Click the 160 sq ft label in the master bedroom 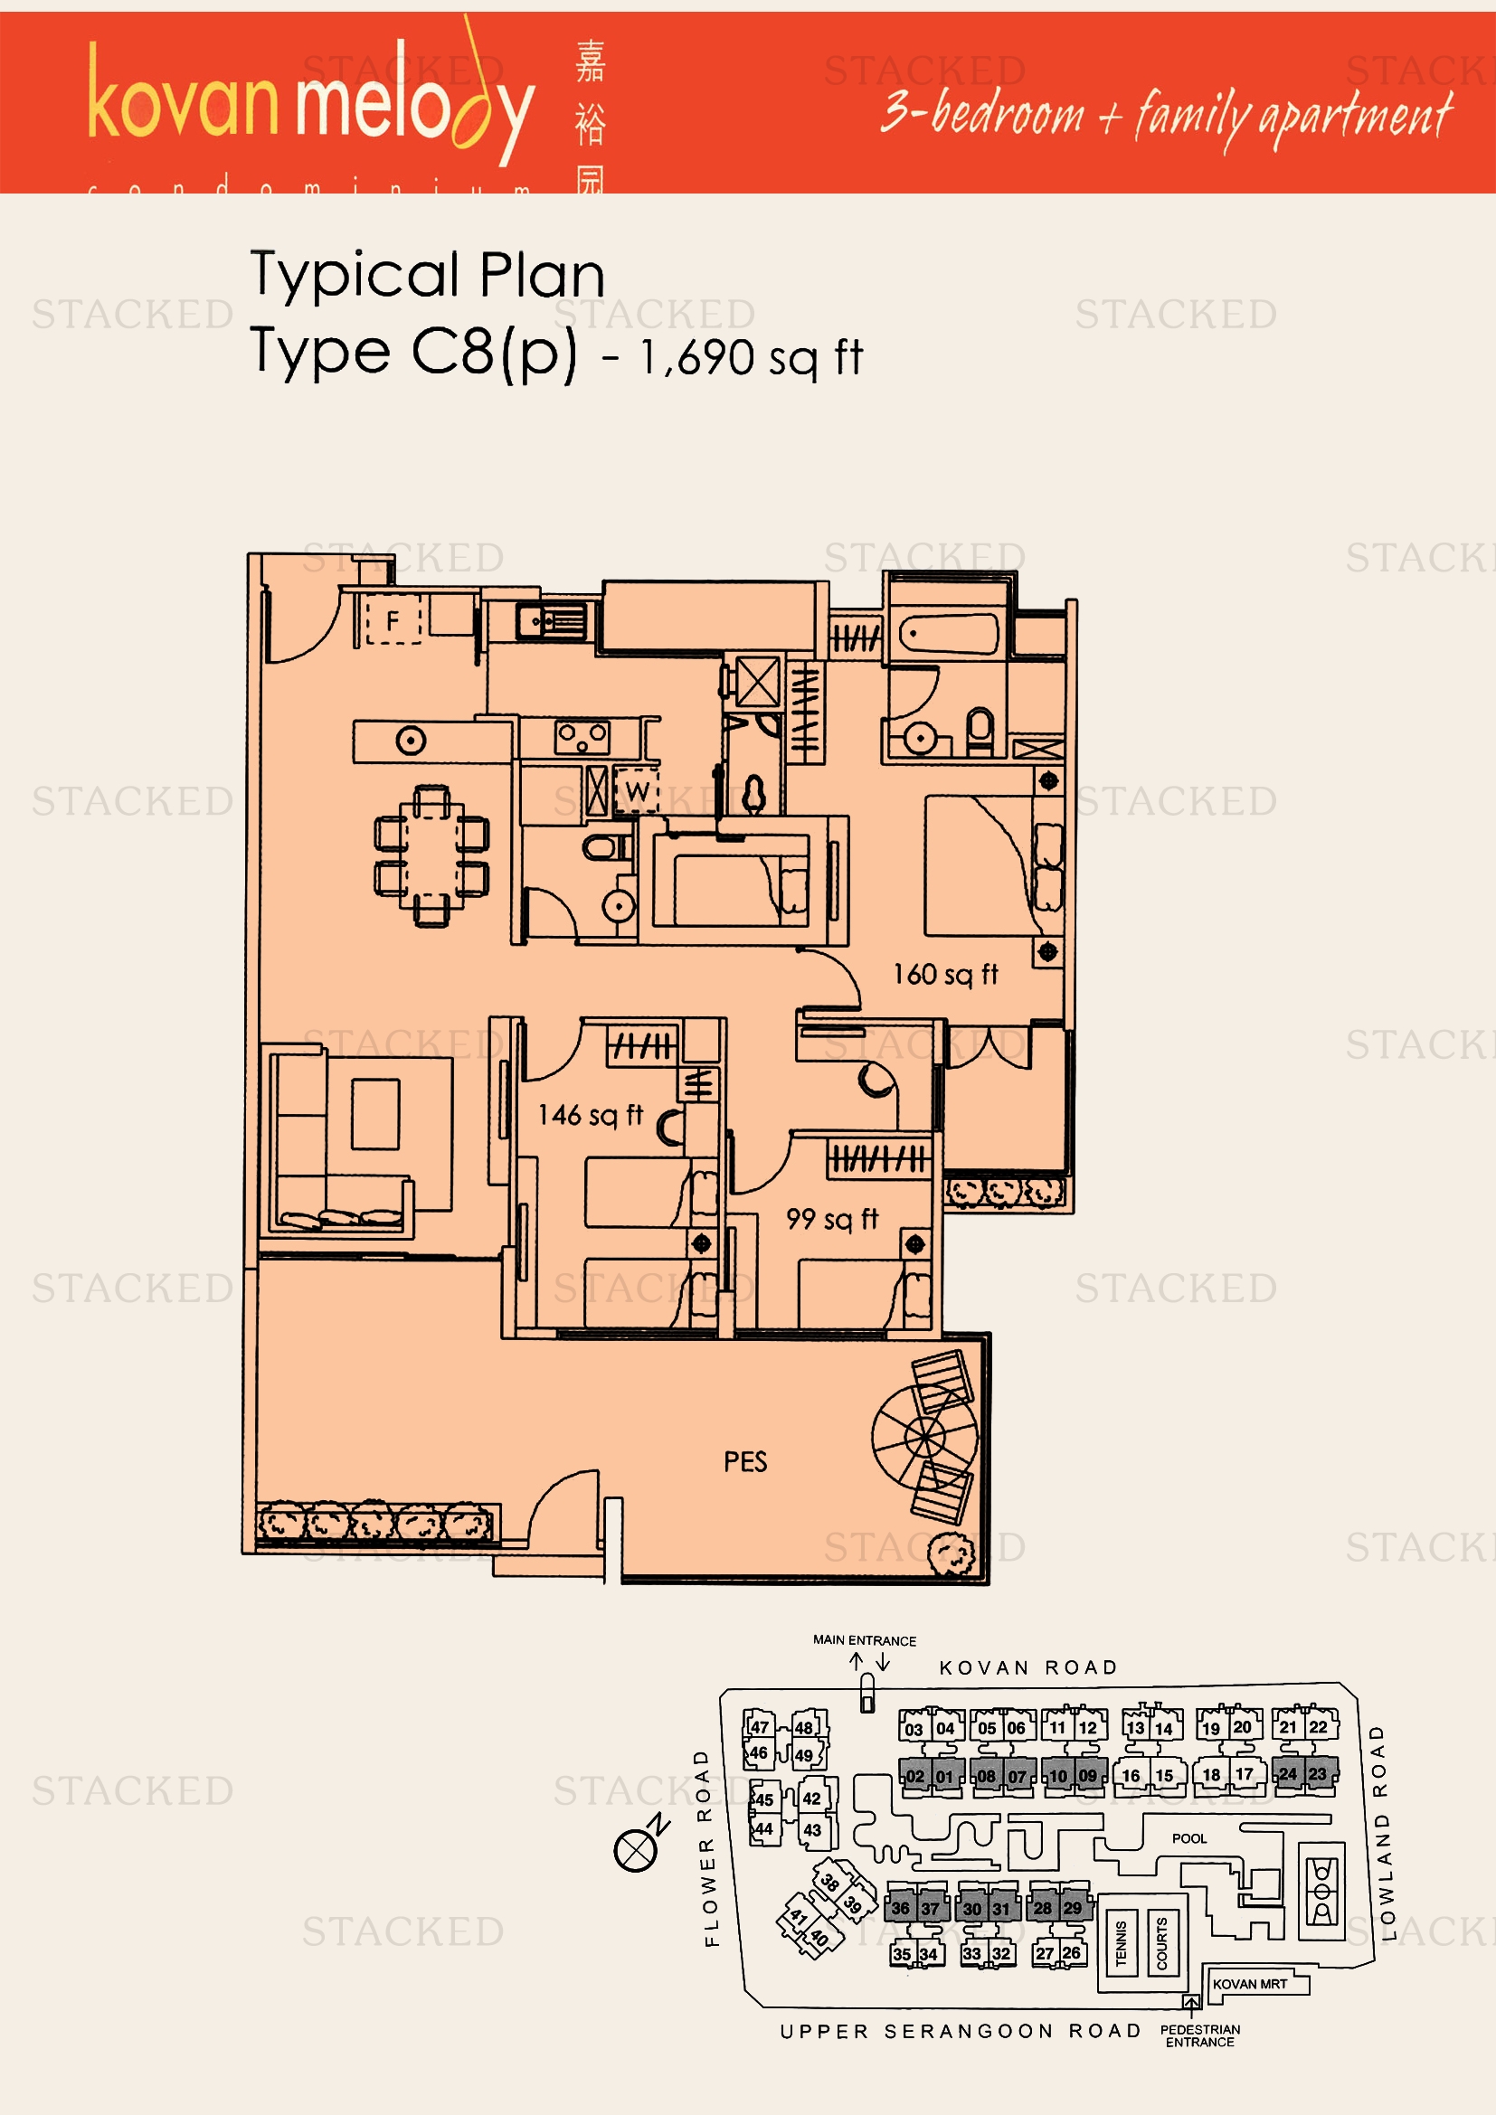(x=945, y=975)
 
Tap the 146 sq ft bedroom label (x=590, y=1116)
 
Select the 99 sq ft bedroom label (x=832, y=1220)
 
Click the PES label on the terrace (x=745, y=1462)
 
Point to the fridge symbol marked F (x=393, y=621)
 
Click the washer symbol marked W (x=637, y=790)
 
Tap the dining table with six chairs (x=431, y=855)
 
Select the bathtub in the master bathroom (x=948, y=635)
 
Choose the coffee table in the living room (x=375, y=1114)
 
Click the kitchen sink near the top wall (x=550, y=622)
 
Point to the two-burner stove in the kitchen (x=582, y=737)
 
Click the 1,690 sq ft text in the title (x=751, y=357)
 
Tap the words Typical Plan (x=428, y=275)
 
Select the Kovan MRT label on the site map (x=1249, y=1984)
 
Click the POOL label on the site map (x=1188, y=1838)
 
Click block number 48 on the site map (x=804, y=1728)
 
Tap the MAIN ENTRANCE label (x=864, y=1640)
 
